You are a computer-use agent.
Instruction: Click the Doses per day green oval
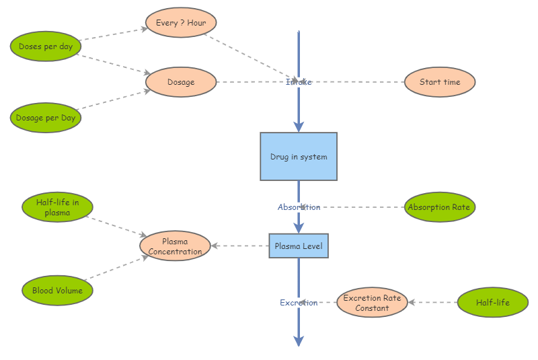(x=46, y=46)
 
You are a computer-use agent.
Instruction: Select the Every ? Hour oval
(x=181, y=23)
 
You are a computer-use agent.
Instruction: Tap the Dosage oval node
(x=181, y=82)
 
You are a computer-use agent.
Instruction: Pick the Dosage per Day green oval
(x=46, y=118)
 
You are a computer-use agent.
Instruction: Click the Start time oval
(x=440, y=82)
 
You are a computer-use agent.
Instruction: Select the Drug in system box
(x=299, y=157)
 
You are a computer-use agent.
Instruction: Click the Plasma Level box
(x=299, y=246)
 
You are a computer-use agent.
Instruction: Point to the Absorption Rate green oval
(x=439, y=207)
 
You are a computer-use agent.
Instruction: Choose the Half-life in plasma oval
(x=57, y=207)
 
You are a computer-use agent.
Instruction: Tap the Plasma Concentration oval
(x=175, y=246)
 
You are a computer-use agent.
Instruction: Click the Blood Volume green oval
(x=57, y=291)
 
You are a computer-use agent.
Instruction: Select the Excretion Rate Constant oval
(x=372, y=303)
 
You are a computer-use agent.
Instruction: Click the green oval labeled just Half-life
(x=492, y=303)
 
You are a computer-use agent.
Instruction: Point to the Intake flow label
(x=299, y=82)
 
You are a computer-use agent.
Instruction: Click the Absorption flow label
(x=299, y=207)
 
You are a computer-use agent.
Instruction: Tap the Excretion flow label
(x=299, y=303)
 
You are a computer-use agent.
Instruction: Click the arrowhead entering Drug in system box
(x=299, y=127)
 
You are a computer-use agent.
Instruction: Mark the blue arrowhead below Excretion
(x=299, y=340)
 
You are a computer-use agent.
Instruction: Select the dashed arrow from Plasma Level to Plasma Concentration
(x=240, y=246)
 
